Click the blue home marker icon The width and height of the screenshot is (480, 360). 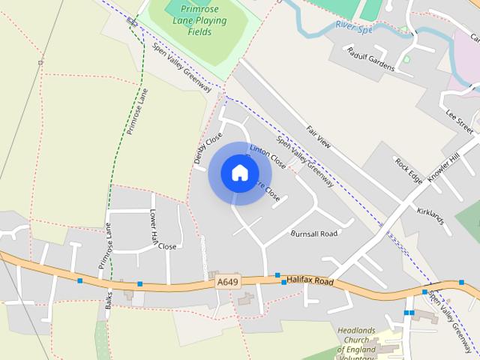coord(239,173)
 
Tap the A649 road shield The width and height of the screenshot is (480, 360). coord(227,282)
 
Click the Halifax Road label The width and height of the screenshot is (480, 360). coord(309,280)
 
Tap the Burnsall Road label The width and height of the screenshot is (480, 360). coord(314,233)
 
